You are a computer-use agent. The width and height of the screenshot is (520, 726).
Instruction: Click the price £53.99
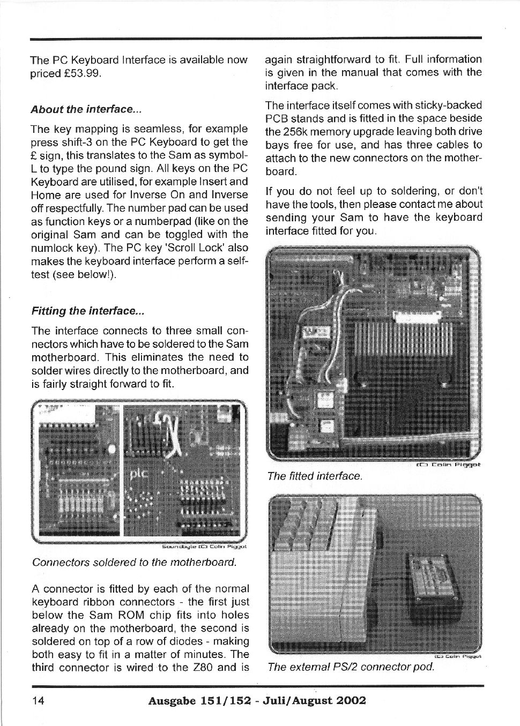coord(81,73)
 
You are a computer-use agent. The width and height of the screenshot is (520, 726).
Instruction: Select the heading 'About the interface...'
coord(86,109)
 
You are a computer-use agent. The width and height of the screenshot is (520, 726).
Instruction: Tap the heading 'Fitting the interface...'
coord(88,311)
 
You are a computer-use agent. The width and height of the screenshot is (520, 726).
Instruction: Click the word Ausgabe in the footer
coord(174,700)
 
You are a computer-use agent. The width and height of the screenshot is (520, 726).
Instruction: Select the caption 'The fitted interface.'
coord(315,476)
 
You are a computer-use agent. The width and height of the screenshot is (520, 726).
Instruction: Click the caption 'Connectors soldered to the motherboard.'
coord(134,562)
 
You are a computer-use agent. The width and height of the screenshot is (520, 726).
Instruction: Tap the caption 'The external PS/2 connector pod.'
coord(350,667)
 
